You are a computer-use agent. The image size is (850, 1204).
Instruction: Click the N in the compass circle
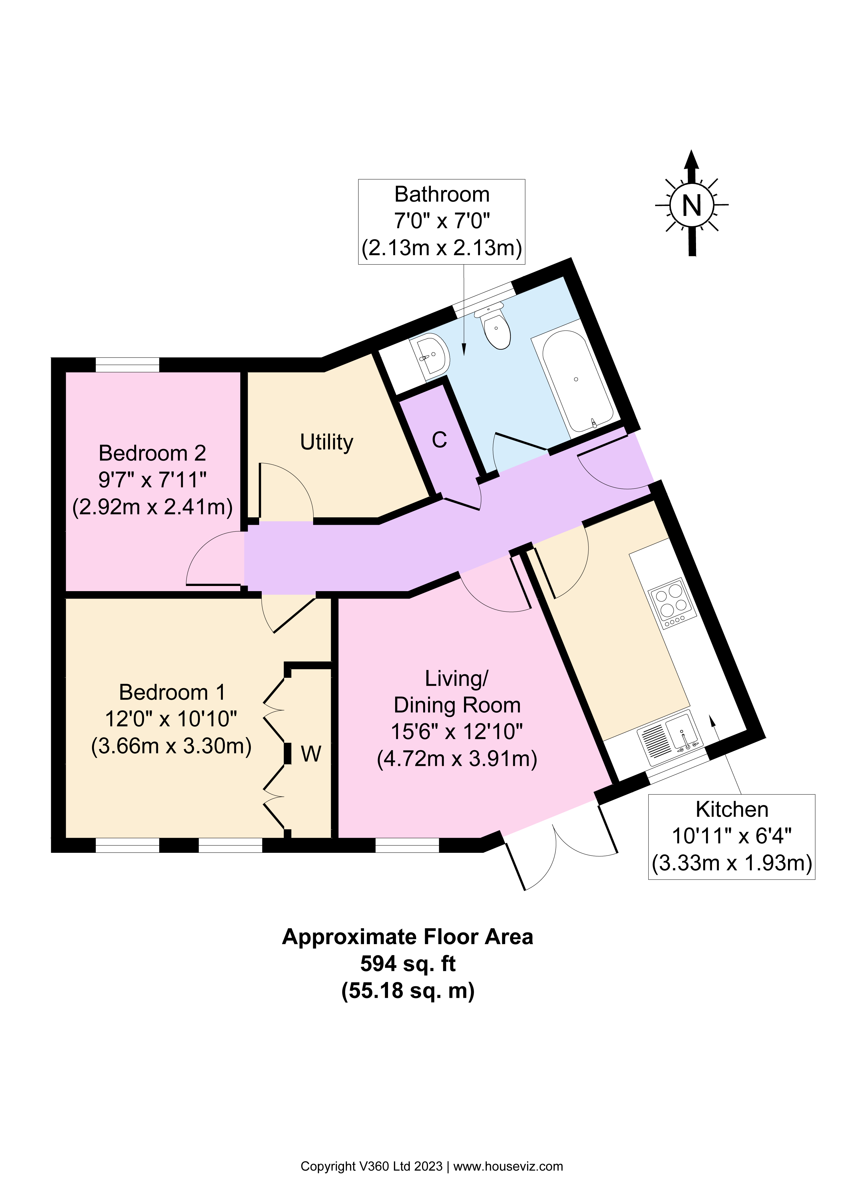(x=692, y=204)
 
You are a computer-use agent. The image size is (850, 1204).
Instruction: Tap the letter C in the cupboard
(x=439, y=440)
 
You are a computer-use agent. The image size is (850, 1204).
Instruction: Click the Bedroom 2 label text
(x=152, y=452)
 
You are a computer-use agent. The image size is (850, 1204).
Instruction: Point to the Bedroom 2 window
(x=127, y=364)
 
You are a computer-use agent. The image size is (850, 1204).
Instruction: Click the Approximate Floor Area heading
(x=408, y=937)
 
